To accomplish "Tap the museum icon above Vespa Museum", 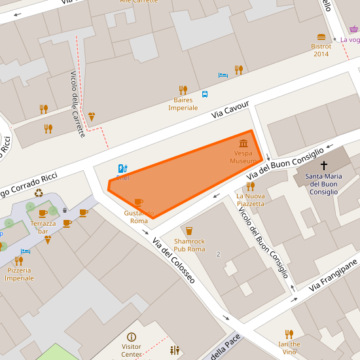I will [243, 144].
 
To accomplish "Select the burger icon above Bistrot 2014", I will [321, 37].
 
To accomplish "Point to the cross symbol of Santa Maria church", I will [323, 166].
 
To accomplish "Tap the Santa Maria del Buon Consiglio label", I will [323, 184].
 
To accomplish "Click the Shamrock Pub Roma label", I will [189, 245].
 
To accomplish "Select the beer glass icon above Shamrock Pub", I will [189, 230].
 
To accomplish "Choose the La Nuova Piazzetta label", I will [251, 200].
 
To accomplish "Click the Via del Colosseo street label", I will [173, 261].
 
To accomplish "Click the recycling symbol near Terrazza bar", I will [39, 193].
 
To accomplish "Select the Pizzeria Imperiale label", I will [19, 274].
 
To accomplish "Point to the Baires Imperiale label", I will [183, 104].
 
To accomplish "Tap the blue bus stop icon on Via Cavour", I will [205, 94].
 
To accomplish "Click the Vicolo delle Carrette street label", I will [77, 104].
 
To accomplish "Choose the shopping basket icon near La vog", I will [353, 29].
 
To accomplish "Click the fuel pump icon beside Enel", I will [122, 168].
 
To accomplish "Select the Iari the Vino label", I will [289, 348].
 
